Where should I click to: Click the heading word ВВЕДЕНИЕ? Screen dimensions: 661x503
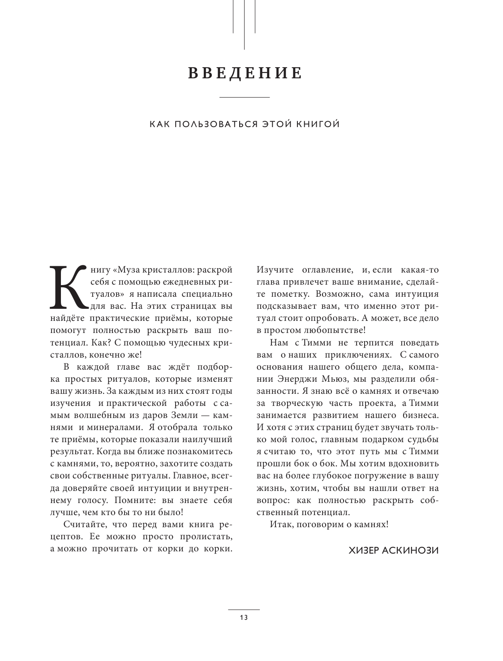pos(245,73)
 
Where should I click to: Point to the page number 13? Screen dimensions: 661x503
pos(244,618)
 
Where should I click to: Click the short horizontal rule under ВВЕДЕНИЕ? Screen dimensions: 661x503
pos(245,97)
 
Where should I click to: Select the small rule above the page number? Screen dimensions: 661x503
pos(244,610)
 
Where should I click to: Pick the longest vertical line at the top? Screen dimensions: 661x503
pos(244,25)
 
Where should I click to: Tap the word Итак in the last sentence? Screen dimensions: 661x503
pos(281,524)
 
